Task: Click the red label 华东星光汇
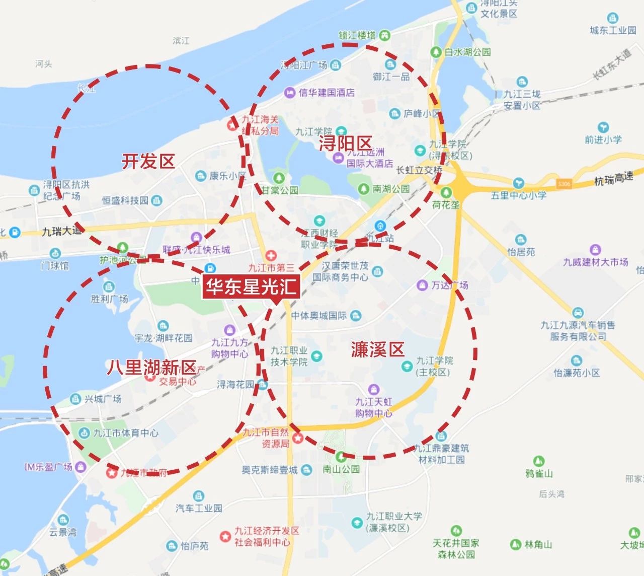click(x=251, y=287)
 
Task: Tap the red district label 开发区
click(x=148, y=162)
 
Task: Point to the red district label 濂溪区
click(x=377, y=349)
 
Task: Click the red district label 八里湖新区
click(x=151, y=367)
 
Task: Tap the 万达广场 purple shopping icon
click(x=422, y=285)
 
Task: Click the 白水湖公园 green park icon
click(x=436, y=52)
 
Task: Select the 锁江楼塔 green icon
click(x=385, y=35)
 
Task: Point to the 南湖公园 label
click(x=391, y=189)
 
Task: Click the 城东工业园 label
click(x=613, y=30)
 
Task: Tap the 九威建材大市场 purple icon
click(x=595, y=250)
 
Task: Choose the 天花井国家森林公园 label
click(x=456, y=549)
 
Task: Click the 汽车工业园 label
click(x=199, y=508)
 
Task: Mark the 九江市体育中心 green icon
click(x=84, y=433)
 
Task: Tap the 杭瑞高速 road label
click(x=613, y=179)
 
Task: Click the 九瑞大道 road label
click(x=61, y=231)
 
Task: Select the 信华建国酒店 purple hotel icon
click(x=290, y=93)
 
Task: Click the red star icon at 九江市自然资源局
click(x=297, y=438)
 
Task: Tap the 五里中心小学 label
click(x=518, y=195)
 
